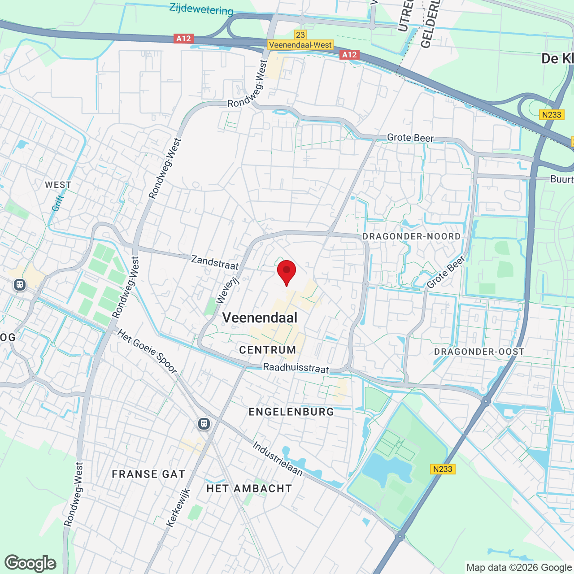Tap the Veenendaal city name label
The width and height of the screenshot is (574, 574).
pyautogui.click(x=260, y=318)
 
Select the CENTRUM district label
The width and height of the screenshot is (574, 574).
pyautogui.click(x=267, y=350)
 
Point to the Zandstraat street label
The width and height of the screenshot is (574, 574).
pyautogui.click(x=215, y=262)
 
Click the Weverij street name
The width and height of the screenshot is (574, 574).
pyautogui.click(x=228, y=290)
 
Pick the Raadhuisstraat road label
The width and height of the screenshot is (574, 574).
pyautogui.click(x=296, y=368)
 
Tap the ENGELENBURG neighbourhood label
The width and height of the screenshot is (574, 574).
pyautogui.click(x=291, y=412)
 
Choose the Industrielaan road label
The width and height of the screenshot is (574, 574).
pyautogui.click(x=278, y=459)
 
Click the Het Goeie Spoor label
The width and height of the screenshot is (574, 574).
pyautogui.click(x=148, y=351)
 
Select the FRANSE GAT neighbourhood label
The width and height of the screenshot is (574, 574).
pyautogui.click(x=148, y=474)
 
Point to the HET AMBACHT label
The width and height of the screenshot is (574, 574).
pyautogui.click(x=249, y=488)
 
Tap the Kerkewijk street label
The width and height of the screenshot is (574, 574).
pyautogui.click(x=178, y=508)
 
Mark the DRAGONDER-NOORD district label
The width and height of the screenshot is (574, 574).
pyautogui.click(x=411, y=236)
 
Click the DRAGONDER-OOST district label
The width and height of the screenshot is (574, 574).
pyautogui.click(x=479, y=352)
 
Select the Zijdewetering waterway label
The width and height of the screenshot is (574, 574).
pyautogui.click(x=201, y=9)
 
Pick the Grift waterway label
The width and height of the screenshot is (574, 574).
pyautogui.click(x=58, y=203)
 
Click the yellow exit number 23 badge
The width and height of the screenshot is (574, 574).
pyautogui.click(x=300, y=35)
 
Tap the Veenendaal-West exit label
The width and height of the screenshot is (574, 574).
pyautogui.click(x=300, y=45)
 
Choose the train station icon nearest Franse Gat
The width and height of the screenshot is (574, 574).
pyautogui.click(x=204, y=423)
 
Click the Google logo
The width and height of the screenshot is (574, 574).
pyautogui.click(x=30, y=563)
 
